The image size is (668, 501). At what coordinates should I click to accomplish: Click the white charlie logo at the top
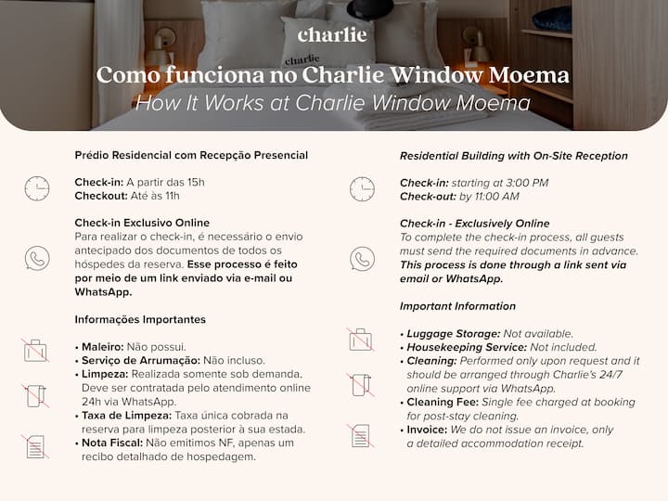click(332, 35)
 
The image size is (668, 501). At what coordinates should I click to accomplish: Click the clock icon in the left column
click(36, 189)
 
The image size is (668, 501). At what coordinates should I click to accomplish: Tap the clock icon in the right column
click(362, 189)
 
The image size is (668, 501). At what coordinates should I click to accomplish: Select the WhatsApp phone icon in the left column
click(36, 258)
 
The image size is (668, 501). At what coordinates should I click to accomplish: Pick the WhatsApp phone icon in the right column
click(362, 259)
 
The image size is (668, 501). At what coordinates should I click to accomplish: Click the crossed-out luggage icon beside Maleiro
click(36, 350)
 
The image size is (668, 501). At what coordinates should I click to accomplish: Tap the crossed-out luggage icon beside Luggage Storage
click(360, 340)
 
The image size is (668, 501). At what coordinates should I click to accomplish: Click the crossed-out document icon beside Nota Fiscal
click(36, 446)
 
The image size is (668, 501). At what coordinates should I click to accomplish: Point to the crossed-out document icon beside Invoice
click(360, 435)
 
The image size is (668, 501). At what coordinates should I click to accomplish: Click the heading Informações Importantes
click(140, 320)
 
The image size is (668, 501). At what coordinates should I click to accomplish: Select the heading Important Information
click(457, 306)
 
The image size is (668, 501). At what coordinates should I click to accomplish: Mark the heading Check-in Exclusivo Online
click(142, 223)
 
